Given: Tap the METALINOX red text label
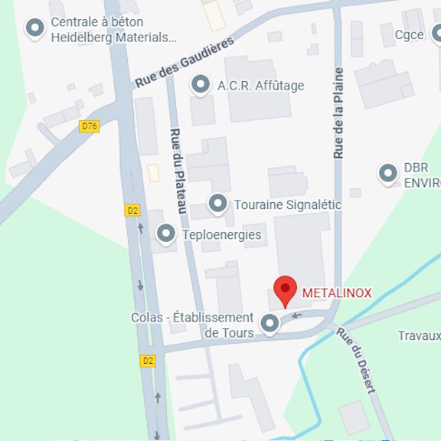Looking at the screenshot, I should [337, 293].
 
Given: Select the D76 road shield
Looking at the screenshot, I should [90, 126].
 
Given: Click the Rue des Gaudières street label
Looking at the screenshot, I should [184, 64].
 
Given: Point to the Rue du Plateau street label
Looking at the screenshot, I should [178, 172].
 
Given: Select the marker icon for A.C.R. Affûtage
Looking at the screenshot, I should [201, 85].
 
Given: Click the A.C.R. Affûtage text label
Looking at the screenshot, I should [260, 86].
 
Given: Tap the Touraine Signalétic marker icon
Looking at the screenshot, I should [218, 204].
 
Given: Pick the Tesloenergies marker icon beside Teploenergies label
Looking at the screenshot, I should [165, 234].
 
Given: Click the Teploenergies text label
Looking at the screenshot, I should [221, 235].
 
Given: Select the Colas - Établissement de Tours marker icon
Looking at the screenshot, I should [269, 325].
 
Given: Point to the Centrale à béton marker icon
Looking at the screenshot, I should [34, 29].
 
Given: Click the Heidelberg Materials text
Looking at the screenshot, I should [113, 37].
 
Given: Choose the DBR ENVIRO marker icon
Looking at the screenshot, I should [388, 175].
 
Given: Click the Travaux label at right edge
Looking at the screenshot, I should [419, 335].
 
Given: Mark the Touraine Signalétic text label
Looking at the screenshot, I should [287, 205].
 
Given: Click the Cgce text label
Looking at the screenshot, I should [409, 34].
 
